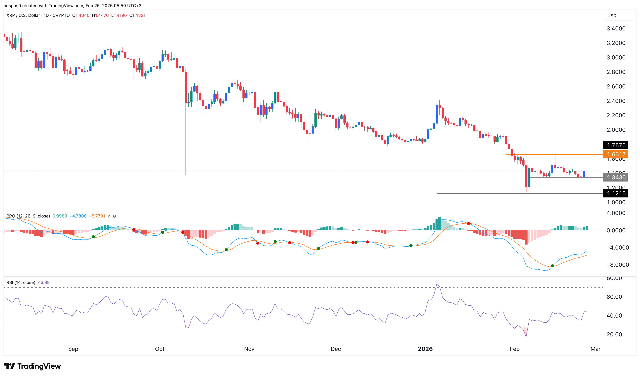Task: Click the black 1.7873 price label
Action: coord(616,145)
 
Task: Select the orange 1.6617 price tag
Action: coord(616,154)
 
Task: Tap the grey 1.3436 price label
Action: coord(616,178)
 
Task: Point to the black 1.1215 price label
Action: coord(616,194)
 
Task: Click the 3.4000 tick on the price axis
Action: coord(616,29)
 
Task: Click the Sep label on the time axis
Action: coord(73,349)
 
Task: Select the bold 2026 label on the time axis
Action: coord(425,349)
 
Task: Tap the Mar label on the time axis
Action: coord(595,349)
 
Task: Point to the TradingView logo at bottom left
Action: coord(33,366)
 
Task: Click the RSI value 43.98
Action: coord(44,282)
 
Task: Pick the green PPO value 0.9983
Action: coord(60,216)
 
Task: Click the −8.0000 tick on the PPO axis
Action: coord(617,265)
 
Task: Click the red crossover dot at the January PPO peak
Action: coord(468,224)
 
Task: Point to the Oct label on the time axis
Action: coord(160,349)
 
